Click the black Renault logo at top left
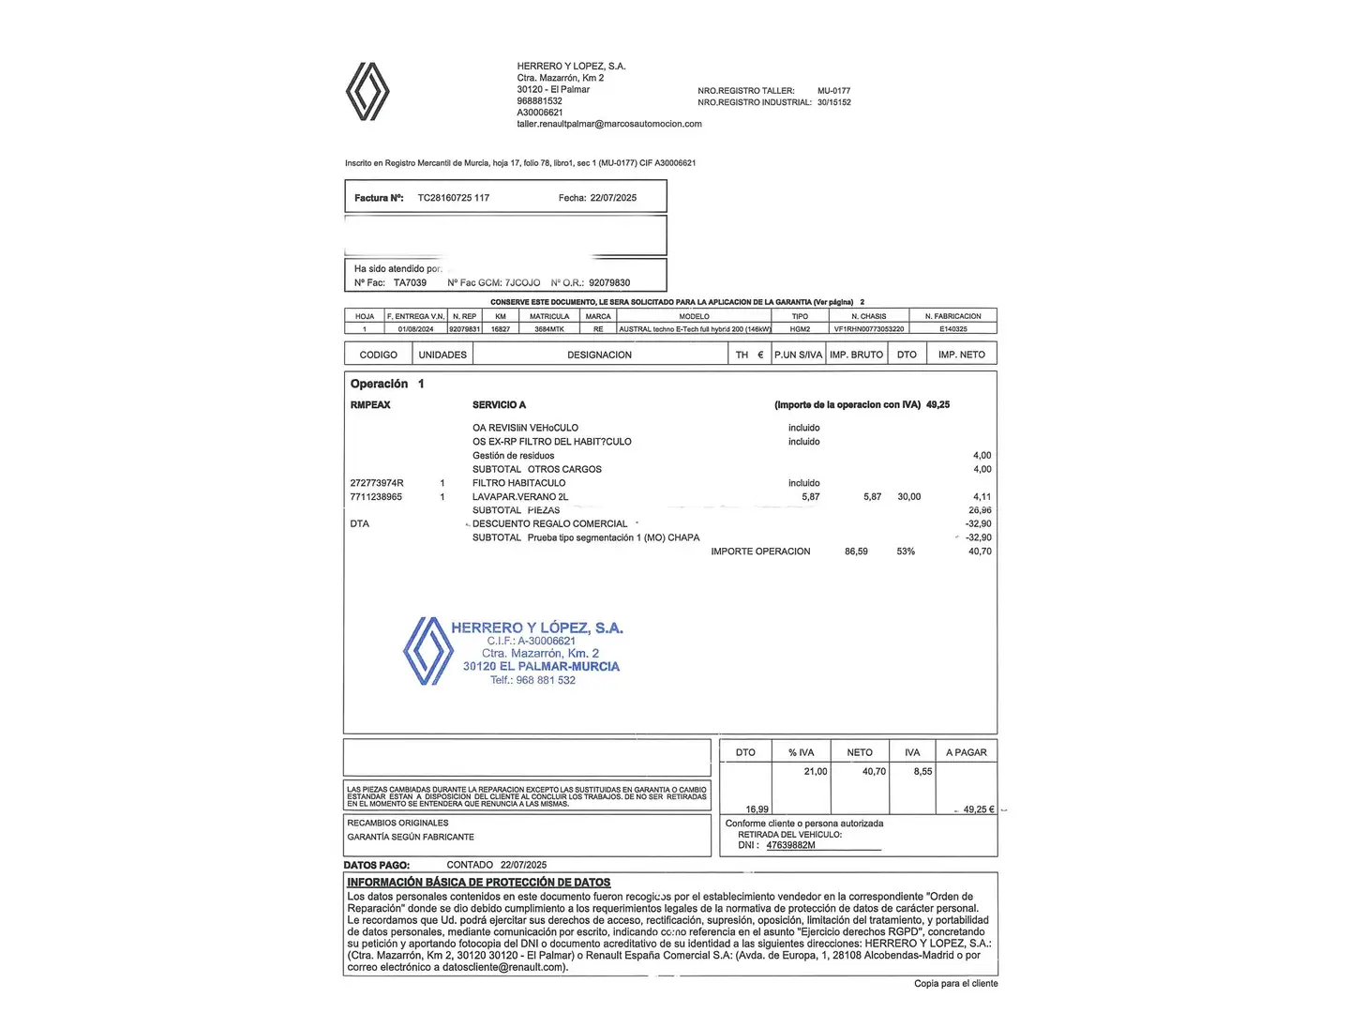tap(367, 91)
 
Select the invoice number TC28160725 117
tap(454, 198)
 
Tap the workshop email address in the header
tap(609, 124)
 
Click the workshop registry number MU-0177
tap(833, 91)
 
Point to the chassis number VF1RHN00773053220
tap(869, 329)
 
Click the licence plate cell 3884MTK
tap(549, 329)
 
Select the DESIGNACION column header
tap(599, 355)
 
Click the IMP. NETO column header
tap(961, 355)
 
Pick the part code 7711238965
tap(376, 497)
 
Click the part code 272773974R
tap(377, 483)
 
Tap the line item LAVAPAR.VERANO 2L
tap(520, 497)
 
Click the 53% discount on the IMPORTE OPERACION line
tap(906, 552)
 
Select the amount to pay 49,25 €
tap(979, 809)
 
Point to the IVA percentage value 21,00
tap(816, 772)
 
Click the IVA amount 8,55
tap(922, 772)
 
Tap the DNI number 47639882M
tap(790, 845)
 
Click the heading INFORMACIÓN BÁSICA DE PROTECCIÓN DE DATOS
tap(478, 883)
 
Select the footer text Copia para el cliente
tap(955, 984)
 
